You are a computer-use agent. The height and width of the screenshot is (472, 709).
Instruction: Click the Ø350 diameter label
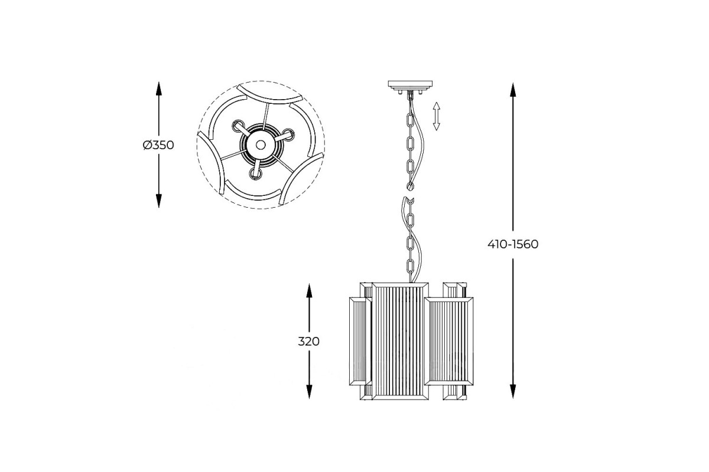pos(158,145)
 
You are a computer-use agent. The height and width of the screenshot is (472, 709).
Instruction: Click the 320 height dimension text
pos(308,342)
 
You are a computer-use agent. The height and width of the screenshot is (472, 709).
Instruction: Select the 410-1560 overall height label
pos(513,244)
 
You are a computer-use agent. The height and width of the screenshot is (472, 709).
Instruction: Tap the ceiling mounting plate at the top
pos(410,84)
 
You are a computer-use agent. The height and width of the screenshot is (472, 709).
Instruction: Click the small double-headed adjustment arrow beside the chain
pos(437,116)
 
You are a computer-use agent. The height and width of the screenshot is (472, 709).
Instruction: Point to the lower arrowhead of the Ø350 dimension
pos(158,201)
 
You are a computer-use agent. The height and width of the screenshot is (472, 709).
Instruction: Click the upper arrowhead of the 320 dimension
pos(309,290)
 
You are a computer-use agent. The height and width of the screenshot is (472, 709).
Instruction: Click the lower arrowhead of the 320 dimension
pos(309,392)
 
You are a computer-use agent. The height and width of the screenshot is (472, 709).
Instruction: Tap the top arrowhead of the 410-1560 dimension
pos(513,90)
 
